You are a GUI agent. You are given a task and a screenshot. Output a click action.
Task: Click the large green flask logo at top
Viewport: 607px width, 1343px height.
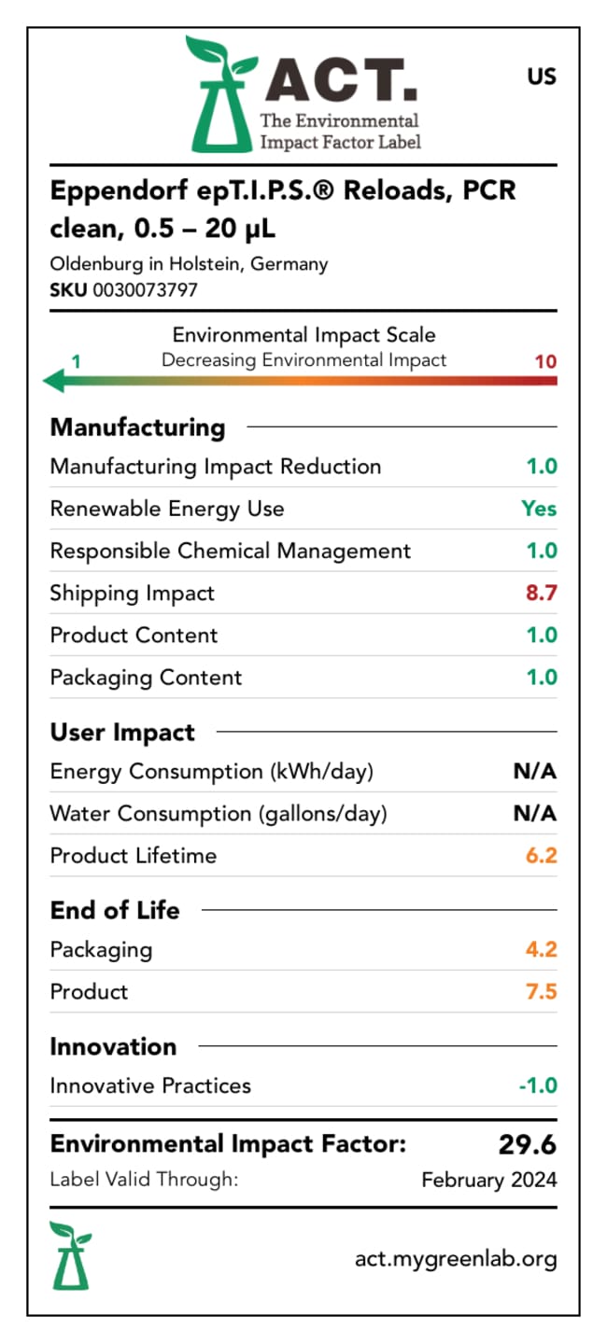pyautogui.click(x=218, y=95)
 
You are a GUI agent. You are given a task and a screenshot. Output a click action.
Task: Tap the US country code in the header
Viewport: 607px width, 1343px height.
pyautogui.click(x=541, y=77)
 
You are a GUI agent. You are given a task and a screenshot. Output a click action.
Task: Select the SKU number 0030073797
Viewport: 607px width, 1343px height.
pyautogui.click(x=145, y=289)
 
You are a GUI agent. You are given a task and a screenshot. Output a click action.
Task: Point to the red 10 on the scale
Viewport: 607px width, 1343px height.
pyautogui.click(x=545, y=361)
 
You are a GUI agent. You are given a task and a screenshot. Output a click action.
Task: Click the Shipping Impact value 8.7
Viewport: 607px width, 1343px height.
pyautogui.click(x=541, y=593)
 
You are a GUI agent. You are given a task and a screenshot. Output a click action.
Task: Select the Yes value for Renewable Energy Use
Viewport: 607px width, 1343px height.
pyautogui.click(x=539, y=509)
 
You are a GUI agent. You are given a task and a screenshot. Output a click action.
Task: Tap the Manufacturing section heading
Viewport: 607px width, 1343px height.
pyautogui.click(x=137, y=427)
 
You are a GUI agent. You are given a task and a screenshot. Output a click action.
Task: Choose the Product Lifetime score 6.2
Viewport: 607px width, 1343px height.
pyautogui.click(x=541, y=855)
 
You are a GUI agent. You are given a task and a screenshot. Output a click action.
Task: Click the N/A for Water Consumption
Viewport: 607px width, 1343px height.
pyautogui.click(x=535, y=813)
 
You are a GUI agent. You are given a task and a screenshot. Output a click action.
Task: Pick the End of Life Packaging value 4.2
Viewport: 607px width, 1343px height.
pyautogui.click(x=541, y=949)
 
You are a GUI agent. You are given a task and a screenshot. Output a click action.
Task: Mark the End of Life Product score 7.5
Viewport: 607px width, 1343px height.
pyautogui.click(x=541, y=991)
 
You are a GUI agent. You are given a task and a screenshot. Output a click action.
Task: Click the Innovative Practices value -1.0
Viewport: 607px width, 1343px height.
pyautogui.click(x=537, y=1085)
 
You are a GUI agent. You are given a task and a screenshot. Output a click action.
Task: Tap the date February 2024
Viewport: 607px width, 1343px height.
pyautogui.click(x=488, y=1180)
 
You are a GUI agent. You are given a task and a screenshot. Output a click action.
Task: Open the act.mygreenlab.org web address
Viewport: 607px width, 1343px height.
pyautogui.click(x=456, y=1259)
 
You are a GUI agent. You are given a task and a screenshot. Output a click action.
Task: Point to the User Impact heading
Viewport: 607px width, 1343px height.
pyautogui.click(x=122, y=733)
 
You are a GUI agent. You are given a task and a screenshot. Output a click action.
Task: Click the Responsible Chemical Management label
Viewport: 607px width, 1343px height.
pyautogui.click(x=230, y=551)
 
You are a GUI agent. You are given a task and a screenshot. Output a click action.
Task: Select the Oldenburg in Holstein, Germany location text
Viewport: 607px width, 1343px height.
pyautogui.click(x=189, y=264)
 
